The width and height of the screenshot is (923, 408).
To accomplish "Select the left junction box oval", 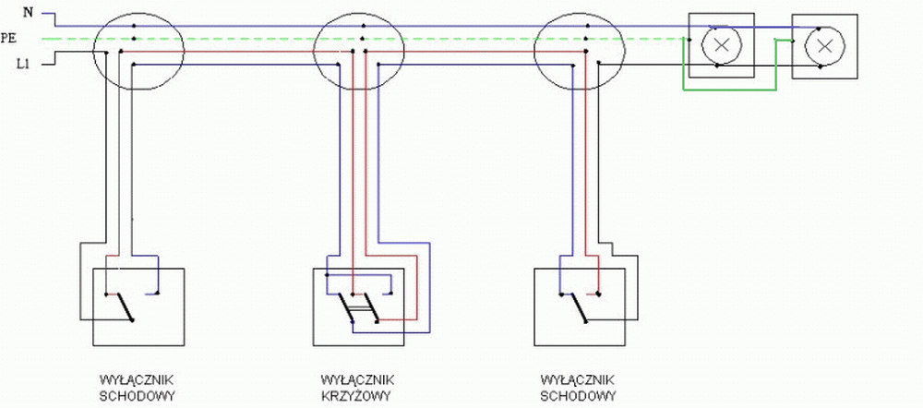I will tap(135, 52).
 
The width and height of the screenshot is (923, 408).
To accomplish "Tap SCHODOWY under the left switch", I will tap(136, 396).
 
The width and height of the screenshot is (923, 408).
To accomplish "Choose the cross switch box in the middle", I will tap(358, 306).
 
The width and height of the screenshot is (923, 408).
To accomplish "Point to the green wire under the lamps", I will tap(729, 90).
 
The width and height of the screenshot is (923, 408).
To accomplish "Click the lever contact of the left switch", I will tap(124, 307).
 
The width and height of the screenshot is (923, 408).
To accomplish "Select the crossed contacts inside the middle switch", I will tap(356, 309).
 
